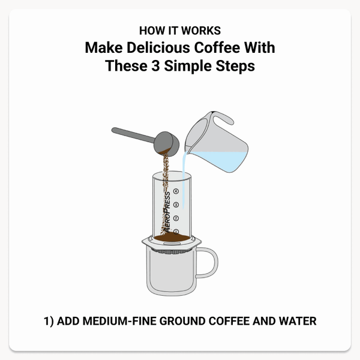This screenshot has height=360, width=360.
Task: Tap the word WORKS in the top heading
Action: tap(203, 30)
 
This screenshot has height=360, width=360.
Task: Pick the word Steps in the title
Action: tap(235, 65)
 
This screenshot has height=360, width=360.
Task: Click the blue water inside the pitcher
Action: tap(219, 158)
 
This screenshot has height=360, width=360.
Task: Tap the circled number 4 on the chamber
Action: tap(176, 192)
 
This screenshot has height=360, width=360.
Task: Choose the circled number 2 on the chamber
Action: tap(176, 218)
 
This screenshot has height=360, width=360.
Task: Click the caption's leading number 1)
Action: tap(49, 321)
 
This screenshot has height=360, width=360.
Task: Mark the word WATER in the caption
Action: tap(297, 321)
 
